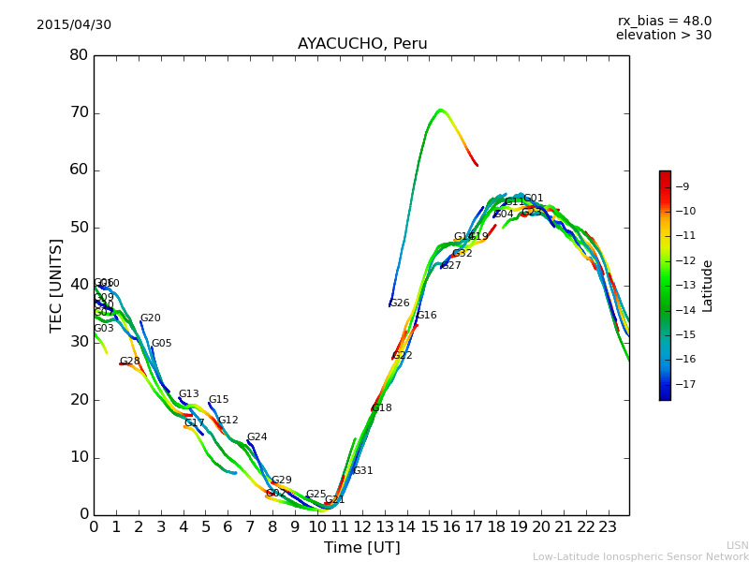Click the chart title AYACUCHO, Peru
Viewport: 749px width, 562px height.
[362, 44]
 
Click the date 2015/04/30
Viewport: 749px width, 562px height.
[74, 25]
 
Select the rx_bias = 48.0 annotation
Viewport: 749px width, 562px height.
[664, 22]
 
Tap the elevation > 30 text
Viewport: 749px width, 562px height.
[664, 36]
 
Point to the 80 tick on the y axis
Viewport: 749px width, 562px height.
[79, 55]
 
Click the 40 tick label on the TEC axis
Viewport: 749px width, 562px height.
[79, 285]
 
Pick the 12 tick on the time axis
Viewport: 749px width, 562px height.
[362, 528]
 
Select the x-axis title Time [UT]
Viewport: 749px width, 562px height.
[362, 548]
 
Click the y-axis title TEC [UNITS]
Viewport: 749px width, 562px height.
[57, 285]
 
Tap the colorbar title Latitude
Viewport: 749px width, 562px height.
[708, 285]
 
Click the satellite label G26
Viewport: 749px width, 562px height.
[400, 303]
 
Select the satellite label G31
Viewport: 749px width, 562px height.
[363, 471]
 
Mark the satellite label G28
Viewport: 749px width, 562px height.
[130, 362]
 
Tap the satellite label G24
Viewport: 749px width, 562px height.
[257, 437]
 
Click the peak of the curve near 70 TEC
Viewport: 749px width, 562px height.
[440, 111]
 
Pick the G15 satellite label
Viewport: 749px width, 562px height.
[219, 400]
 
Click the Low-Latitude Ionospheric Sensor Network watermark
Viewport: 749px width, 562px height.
[640, 557]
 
